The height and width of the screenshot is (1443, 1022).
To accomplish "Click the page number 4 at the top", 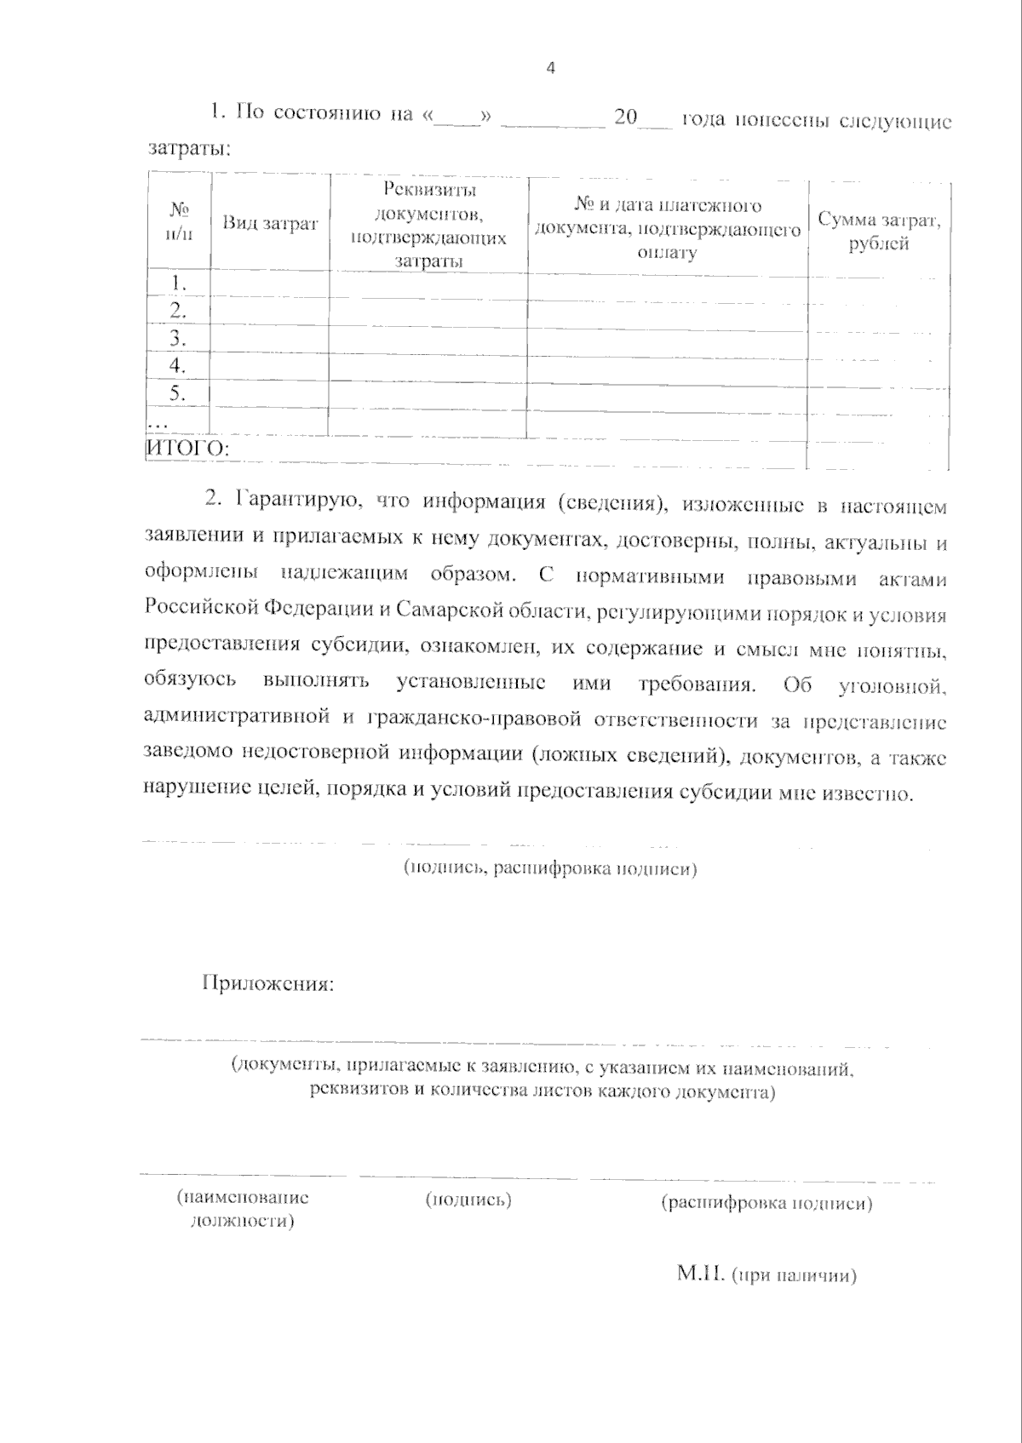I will point(550,69).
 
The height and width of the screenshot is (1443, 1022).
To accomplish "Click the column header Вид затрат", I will point(270,223).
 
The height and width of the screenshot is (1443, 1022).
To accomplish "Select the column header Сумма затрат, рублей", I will point(879,231).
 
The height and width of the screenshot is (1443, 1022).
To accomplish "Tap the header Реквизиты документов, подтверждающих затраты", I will point(428,225).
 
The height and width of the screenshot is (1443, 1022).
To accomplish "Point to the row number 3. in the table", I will point(178,338).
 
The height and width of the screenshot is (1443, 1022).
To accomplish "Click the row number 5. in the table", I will point(178,392).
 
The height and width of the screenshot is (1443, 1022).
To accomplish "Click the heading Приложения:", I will point(267,984).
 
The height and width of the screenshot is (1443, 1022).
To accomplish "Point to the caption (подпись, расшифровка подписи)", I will point(549,868).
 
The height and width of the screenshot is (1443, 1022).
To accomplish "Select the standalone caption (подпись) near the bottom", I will point(468,1200).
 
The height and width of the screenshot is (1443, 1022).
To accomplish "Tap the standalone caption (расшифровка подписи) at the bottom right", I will point(766,1203).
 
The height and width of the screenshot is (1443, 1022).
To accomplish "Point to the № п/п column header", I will point(179,221).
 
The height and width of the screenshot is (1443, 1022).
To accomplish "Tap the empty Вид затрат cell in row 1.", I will point(270,283).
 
